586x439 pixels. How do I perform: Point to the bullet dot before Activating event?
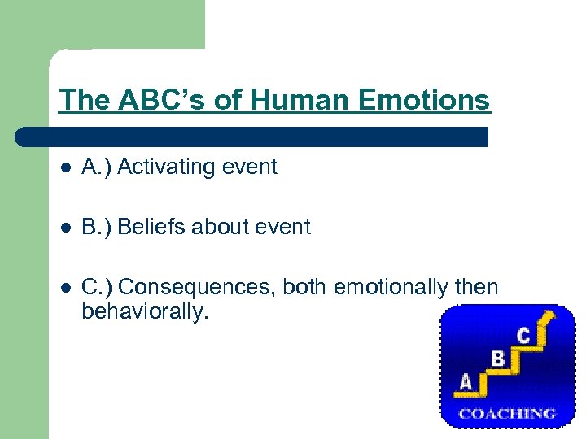(65, 167)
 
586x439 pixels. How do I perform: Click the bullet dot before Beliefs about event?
(65, 228)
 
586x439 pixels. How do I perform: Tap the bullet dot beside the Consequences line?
(65, 288)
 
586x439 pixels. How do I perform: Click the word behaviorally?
(145, 311)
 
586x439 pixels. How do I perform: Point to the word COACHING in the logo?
(508, 413)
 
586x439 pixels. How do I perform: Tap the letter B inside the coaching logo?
(497, 358)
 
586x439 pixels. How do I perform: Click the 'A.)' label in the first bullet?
(97, 167)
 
